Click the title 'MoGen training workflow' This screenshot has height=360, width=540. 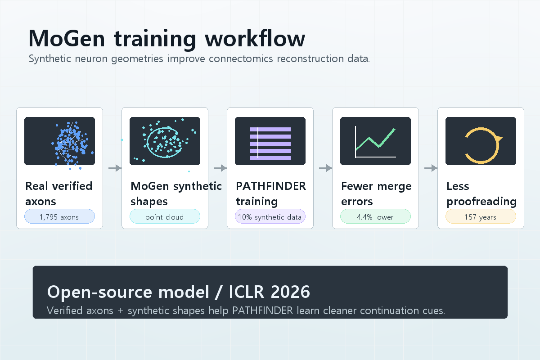point(166,39)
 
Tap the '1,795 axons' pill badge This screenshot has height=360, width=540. point(59,217)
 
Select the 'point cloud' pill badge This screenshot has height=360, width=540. point(165,217)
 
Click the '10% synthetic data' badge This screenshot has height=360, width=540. point(270,217)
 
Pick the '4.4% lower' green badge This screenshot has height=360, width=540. point(375,217)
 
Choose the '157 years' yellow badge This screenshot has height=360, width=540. point(481,217)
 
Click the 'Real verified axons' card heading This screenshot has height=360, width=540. point(58,193)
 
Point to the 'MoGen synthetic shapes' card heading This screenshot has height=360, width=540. point(175,193)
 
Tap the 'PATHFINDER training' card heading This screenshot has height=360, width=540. point(271,193)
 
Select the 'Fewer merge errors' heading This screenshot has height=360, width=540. point(376,193)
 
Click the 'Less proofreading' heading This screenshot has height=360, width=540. point(481,193)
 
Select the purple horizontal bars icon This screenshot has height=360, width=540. point(270,143)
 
